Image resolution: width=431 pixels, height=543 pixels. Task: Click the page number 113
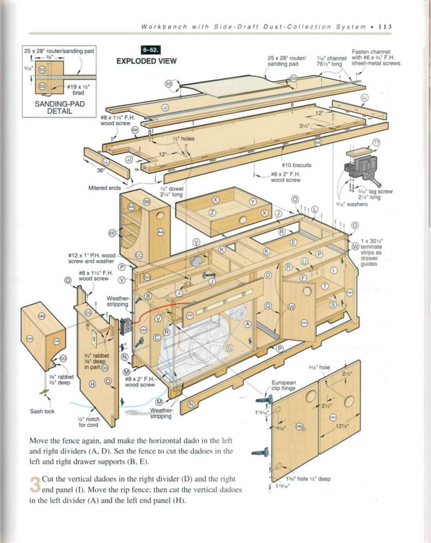(384, 27)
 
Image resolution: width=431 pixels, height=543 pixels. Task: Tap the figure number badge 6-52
(150, 51)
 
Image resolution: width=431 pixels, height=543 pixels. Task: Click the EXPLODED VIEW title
(146, 61)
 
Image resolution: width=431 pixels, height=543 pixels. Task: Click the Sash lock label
(40, 412)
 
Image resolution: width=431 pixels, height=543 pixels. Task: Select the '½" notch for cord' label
(89, 421)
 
